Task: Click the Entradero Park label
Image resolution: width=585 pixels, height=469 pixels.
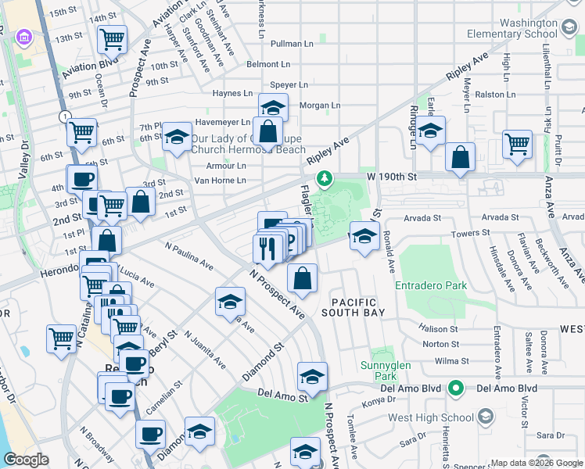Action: (x=432, y=285)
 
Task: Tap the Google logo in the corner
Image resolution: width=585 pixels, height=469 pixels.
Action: (x=26, y=460)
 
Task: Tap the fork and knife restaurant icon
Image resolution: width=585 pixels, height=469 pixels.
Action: (x=267, y=249)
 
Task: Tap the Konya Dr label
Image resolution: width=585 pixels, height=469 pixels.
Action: (x=374, y=405)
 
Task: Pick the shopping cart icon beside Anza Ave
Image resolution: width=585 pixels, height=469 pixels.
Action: (x=517, y=143)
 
